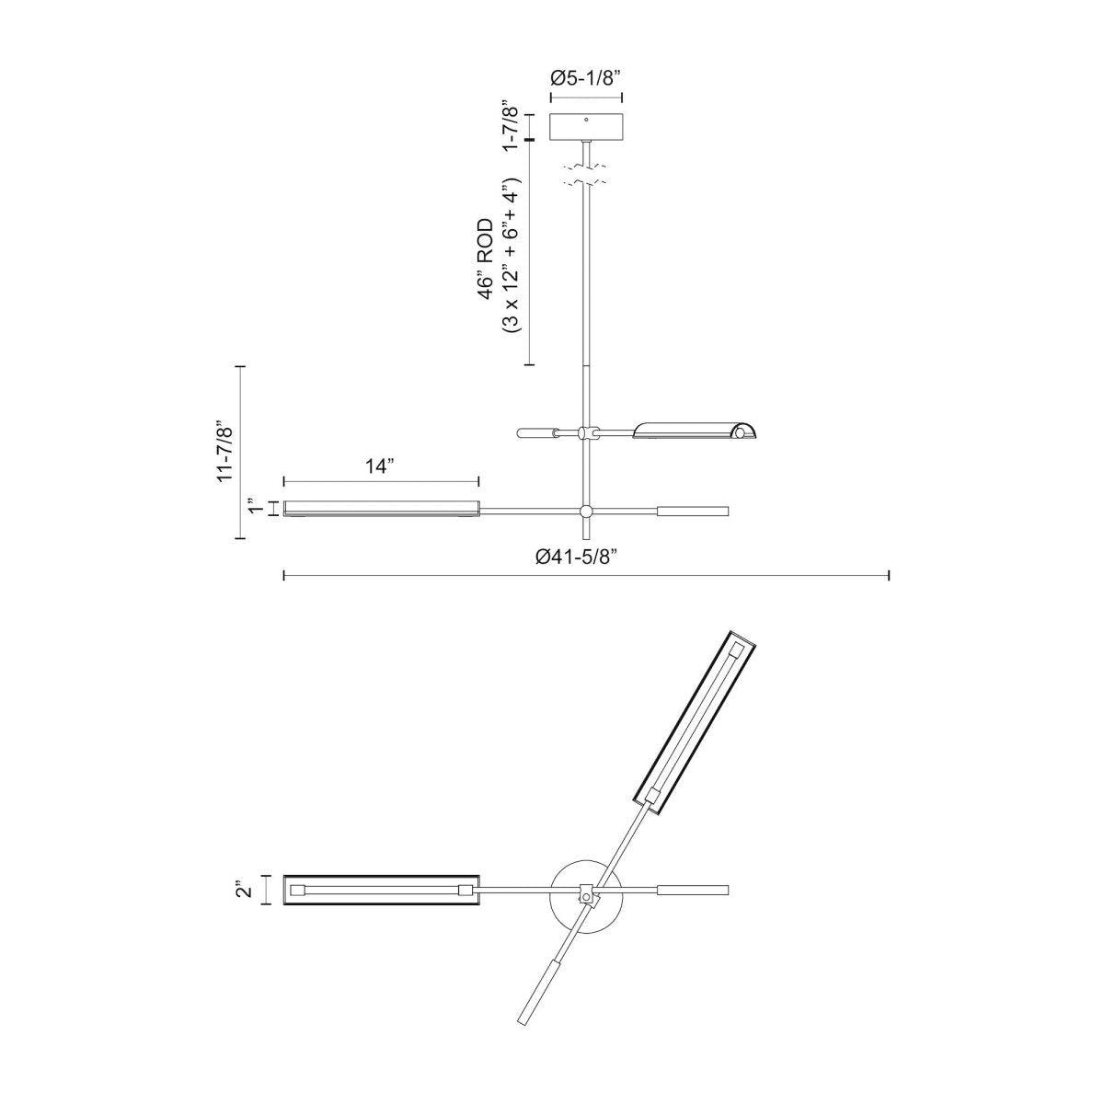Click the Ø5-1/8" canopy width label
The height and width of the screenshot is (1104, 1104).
(x=586, y=78)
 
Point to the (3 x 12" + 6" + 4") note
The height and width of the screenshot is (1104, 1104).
(x=512, y=258)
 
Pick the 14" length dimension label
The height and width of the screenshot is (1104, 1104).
(x=380, y=466)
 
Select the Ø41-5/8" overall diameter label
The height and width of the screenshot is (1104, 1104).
(x=585, y=557)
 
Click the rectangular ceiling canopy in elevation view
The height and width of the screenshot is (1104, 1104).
(x=586, y=126)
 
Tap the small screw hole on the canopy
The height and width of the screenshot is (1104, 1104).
(x=586, y=119)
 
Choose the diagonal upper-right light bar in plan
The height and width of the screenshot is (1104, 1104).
(x=696, y=722)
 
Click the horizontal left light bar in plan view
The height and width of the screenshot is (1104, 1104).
(x=381, y=890)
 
